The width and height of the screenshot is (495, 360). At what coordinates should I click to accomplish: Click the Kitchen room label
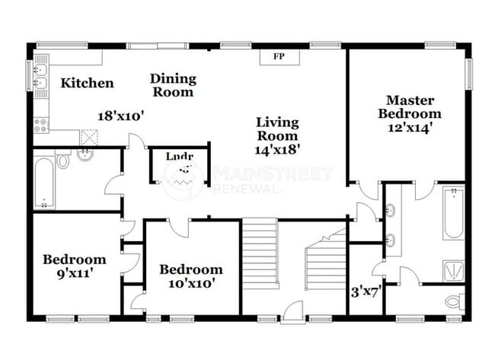[87, 83]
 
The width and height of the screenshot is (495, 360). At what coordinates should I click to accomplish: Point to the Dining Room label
[172, 85]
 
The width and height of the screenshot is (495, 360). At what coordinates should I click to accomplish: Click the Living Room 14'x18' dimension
[276, 150]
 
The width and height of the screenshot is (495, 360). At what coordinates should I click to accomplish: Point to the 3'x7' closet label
[366, 290]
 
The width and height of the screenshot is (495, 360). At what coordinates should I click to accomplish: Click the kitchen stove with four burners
[41, 124]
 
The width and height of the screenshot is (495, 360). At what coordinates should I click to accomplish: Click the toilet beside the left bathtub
[64, 161]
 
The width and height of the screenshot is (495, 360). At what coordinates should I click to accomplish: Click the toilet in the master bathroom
[454, 301]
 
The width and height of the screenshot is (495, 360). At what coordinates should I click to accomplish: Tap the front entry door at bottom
[292, 310]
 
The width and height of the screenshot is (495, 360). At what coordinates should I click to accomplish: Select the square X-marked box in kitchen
[90, 138]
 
